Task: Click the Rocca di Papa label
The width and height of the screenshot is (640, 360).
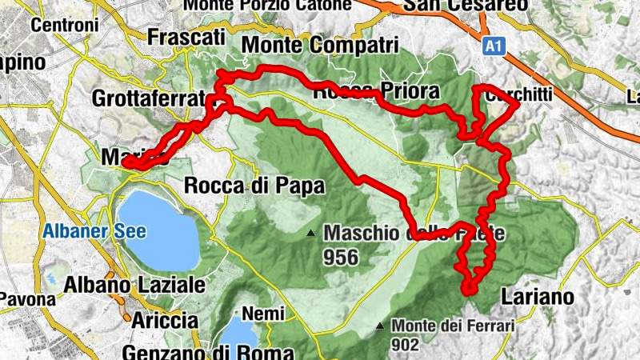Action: [x=254, y=186]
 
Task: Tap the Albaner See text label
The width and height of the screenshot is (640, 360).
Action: [x=94, y=233]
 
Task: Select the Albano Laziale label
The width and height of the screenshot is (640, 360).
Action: [x=134, y=284]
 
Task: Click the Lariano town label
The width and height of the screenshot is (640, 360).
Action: [x=538, y=297]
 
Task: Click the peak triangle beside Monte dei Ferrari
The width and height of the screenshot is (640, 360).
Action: [x=380, y=326]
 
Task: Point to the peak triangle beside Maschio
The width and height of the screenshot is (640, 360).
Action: [x=311, y=234]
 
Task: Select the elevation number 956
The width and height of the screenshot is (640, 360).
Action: [x=342, y=258]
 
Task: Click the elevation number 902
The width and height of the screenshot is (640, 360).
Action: [x=406, y=344]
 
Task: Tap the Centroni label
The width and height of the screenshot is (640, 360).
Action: [x=64, y=25]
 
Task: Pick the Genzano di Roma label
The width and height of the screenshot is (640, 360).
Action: [x=208, y=352]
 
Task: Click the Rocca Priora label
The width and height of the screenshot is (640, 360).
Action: [x=376, y=92]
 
